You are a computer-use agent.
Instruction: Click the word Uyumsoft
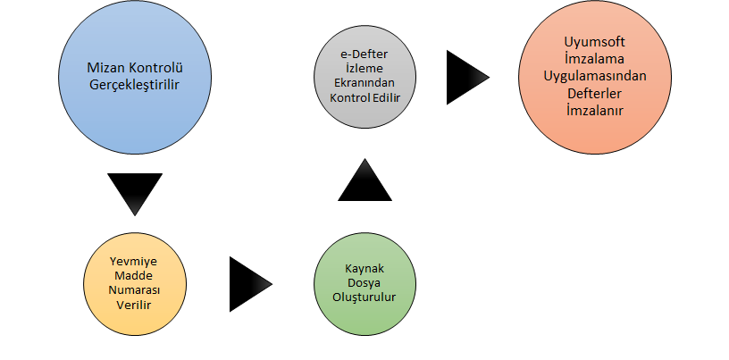tap(594, 42)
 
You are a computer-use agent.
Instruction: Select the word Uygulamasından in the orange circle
tap(594, 76)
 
